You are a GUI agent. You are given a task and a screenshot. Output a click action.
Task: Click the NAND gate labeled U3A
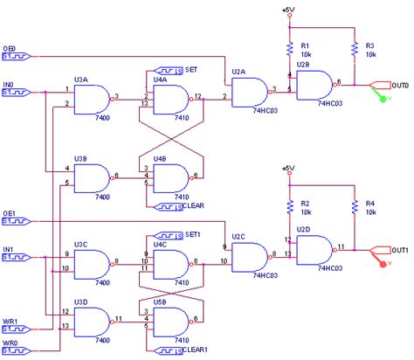click(91, 100)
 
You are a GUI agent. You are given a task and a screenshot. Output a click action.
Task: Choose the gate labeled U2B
click(314, 86)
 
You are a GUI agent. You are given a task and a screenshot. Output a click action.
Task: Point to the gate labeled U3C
click(91, 261)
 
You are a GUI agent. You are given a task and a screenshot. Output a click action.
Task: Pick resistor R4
click(355, 207)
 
